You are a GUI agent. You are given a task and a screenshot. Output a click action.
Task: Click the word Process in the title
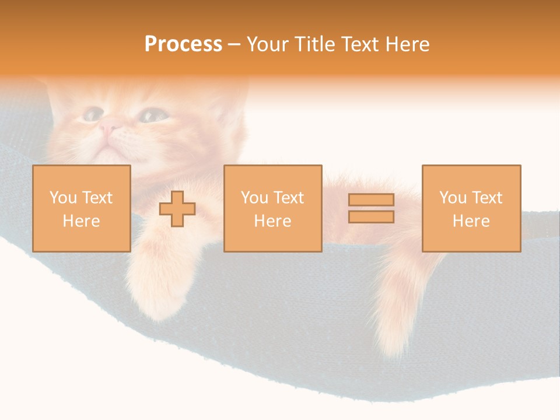(x=183, y=44)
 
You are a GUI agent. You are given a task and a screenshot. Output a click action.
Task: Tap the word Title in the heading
(x=318, y=44)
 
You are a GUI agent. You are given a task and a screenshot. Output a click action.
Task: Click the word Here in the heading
(x=410, y=44)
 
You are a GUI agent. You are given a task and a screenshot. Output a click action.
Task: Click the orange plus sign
(x=177, y=209)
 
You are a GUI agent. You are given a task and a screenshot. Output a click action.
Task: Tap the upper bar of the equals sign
(x=371, y=200)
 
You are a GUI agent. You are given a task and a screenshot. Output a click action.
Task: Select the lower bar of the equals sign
(x=371, y=217)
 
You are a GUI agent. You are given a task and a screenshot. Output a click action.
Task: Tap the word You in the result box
(x=453, y=198)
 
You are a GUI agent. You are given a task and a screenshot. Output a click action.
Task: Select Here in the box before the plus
(x=81, y=221)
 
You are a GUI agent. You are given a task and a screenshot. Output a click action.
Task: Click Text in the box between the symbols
(x=289, y=198)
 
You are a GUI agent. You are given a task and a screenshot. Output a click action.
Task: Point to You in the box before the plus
(x=63, y=198)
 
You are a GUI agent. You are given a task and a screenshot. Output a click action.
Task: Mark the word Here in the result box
(x=471, y=221)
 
